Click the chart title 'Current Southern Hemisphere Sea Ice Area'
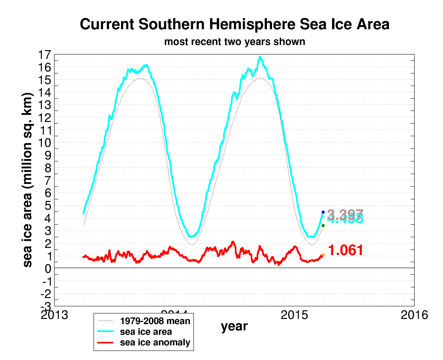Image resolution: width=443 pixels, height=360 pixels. pyautogui.click(x=235, y=24)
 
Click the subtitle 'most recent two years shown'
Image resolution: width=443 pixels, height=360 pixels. pyautogui.click(x=235, y=41)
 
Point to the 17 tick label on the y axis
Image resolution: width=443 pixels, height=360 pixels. pyautogui.click(x=46, y=55)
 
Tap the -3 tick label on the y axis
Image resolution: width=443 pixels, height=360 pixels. pyautogui.click(x=46, y=306)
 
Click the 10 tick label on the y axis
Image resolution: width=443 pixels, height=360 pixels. pyautogui.click(x=46, y=143)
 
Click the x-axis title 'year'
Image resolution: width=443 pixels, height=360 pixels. pyautogui.click(x=234, y=326)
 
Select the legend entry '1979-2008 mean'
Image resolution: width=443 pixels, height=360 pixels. pyautogui.click(x=155, y=321)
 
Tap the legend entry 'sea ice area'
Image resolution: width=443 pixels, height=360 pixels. pyautogui.click(x=146, y=332)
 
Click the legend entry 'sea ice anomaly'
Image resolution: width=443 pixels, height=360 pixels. pyautogui.click(x=155, y=342)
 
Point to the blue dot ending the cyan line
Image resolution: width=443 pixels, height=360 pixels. pyautogui.click(x=323, y=212)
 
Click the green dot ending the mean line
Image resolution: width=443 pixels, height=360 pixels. pyautogui.click(x=323, y=225)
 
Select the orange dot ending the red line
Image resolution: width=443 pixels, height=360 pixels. pyautogui.click(x=323, y=255)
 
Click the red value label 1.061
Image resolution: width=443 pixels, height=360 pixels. pyautogui.click(x=345, y=250)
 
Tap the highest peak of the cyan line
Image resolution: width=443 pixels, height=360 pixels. pyautogui.click(x=260, y=57)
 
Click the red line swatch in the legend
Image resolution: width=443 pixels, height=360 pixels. pyautogui.click(x=107, y=343)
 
